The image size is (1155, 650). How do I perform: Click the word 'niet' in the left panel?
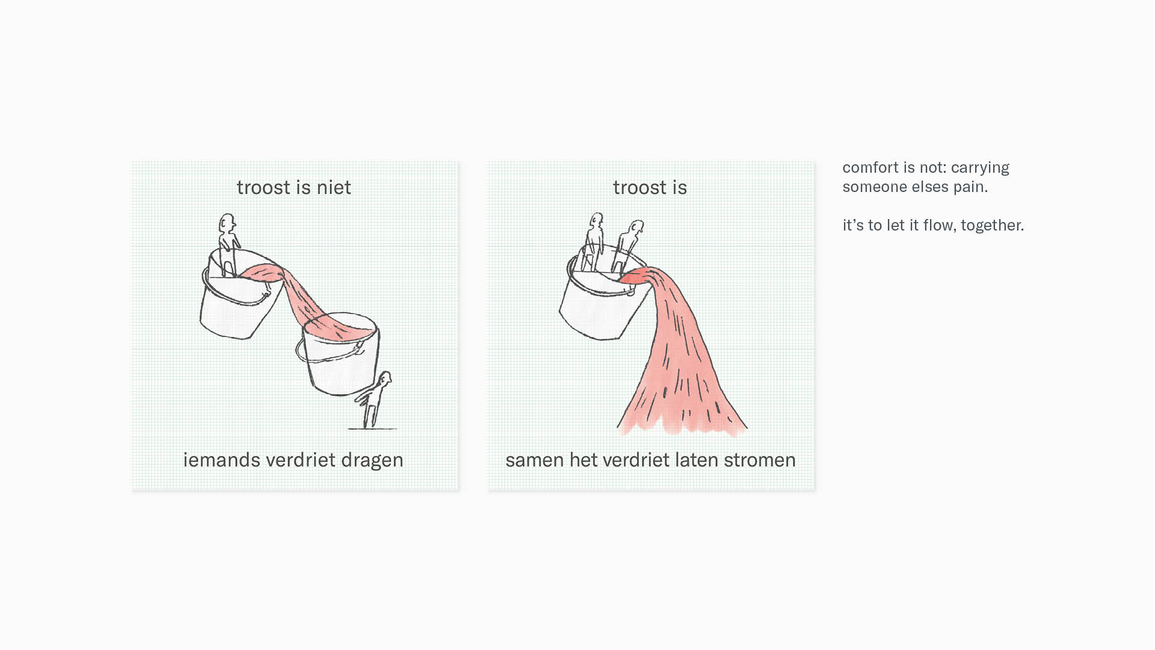[x=333, y=187]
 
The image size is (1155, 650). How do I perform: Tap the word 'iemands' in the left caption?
[x=221, y=460]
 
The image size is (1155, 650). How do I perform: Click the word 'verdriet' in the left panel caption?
[x=301, y=460]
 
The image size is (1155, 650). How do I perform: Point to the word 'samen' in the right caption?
[x=535, y=460]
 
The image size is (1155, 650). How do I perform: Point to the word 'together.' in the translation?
[x=993, y=226]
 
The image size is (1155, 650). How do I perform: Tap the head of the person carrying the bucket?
[x=384, y=379]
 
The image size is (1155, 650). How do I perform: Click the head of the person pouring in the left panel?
[x=227, y=223]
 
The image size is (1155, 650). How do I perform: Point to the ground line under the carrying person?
[x=372, y=429]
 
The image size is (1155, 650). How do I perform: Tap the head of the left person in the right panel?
[x=596, y=220]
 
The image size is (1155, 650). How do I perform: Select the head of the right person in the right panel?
[x=636, y=229]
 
